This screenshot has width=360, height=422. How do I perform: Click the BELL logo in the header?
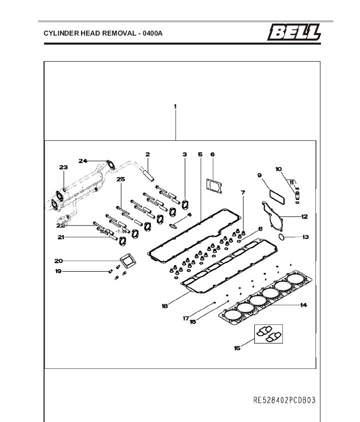[x=294, y=33]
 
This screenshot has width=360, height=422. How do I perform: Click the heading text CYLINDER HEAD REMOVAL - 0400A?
[x=103, y=34]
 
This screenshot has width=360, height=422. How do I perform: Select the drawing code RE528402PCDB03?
[x=284, y=400]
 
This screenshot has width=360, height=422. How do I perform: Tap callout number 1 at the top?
[x=175, y=106]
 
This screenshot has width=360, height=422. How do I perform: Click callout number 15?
[x=237, y=348]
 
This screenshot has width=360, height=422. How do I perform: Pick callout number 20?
[x=59, y=261]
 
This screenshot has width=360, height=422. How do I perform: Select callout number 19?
[x=58, y=271]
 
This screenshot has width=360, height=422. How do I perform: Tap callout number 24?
[x=83, y=161]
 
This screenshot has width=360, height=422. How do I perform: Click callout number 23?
[x=63, y=167]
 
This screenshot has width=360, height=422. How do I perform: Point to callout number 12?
[x=304, y=217]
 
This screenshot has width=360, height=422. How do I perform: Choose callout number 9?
[x=260, y=175]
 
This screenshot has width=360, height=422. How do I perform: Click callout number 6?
[x=212, y=154]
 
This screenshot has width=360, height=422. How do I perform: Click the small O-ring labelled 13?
[x=282, y=236]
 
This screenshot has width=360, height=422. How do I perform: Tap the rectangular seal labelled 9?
[x=277, y=196]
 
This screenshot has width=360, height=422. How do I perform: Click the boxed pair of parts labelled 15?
[x=269, y=335]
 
